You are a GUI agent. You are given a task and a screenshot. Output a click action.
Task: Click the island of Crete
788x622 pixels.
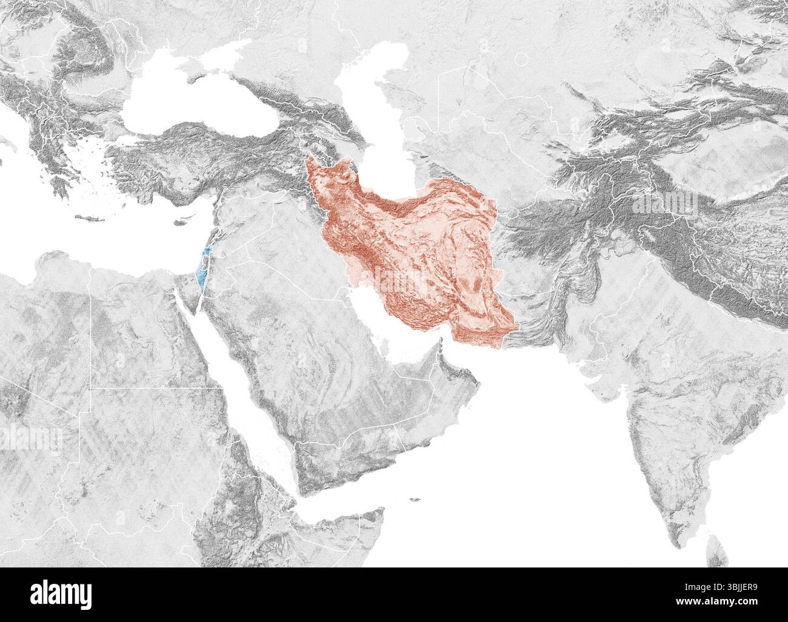88,219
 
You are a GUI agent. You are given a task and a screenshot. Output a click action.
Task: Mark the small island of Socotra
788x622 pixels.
415,500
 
